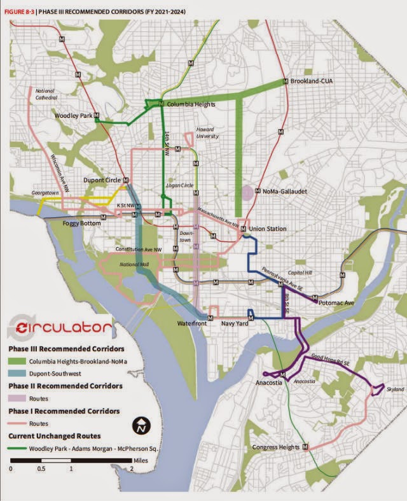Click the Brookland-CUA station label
coord(312,82)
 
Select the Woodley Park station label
coord(74,116)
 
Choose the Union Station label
coord(270,229)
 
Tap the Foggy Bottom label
coord(83,224)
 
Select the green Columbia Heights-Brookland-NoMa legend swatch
coord(18,362)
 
